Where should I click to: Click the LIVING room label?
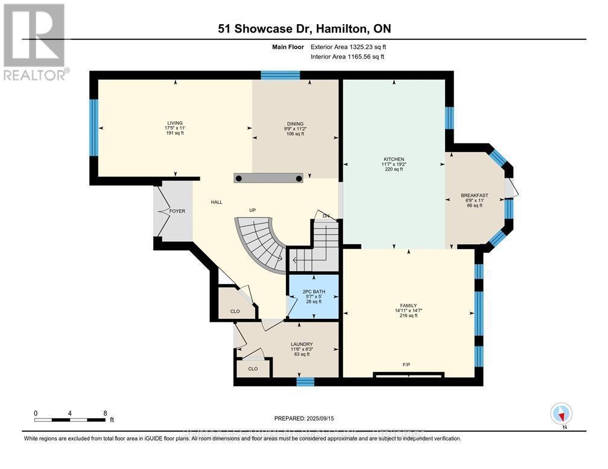175,122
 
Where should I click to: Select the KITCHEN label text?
393,159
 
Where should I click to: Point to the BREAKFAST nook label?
474,195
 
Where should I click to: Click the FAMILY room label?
408,306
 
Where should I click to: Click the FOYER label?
177,211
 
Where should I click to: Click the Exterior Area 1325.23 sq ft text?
347,46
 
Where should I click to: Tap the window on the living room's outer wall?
93,127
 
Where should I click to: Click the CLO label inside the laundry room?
253,368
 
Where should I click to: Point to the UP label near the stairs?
253,210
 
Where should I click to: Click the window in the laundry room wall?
306,381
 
